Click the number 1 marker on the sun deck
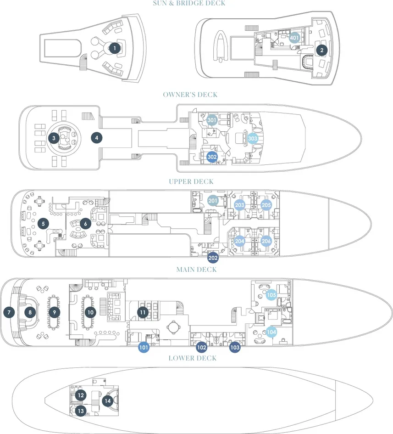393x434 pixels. click(115, 47)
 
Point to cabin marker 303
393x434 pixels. click(253, 138)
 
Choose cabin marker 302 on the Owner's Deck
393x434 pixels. click(212, 157)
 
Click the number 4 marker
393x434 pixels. click(96, 137)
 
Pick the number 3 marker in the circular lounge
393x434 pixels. click(54, 137)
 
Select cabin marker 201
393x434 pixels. click(213, 201)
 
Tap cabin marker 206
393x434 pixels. click(266, 240)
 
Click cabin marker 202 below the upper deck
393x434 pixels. click(213, 257)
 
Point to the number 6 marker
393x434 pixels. click(85, 224)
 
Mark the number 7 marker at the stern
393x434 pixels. click(8, 312)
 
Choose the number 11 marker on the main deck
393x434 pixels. click(143, 312)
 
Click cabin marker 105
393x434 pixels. click(271, 295)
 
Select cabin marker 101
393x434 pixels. click(144, 348)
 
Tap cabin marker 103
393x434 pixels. click(235, 348)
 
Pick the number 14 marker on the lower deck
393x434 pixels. click(108, 400)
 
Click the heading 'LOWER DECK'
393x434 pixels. click(192, 358)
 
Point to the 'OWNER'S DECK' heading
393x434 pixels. click(190, 95)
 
